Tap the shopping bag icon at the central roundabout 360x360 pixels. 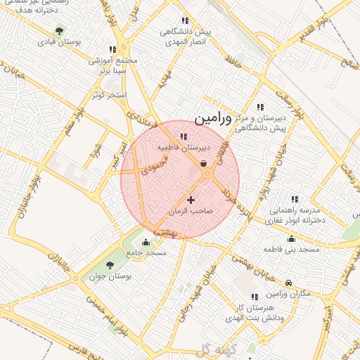(x=203, y=164)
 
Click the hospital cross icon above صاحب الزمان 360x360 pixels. (x=191, y=200)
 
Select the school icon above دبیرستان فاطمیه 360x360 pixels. (x=184, y=137)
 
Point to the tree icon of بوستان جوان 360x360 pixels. (x=110, y=265)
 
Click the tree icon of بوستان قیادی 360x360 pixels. (x=59, y=31)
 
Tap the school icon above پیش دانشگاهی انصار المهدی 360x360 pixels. (x=185, y=21)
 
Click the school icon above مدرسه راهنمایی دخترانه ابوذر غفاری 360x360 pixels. (x=294, y=200)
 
